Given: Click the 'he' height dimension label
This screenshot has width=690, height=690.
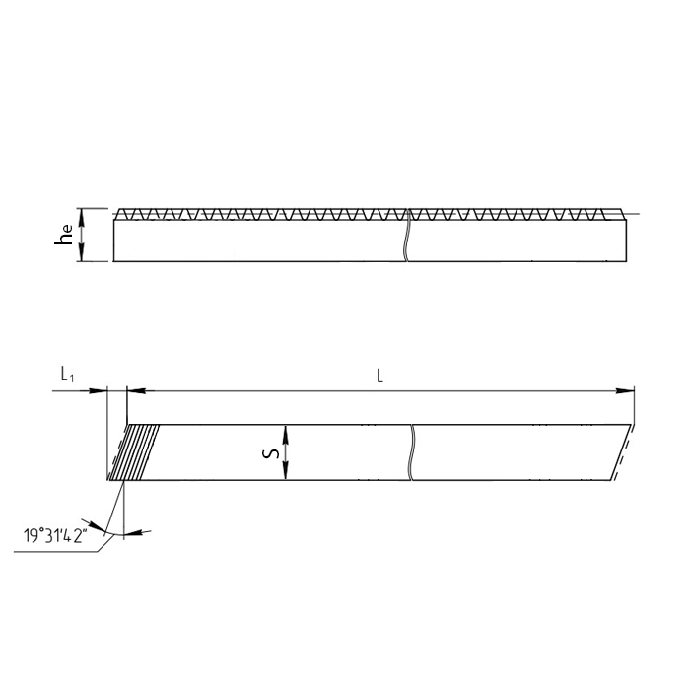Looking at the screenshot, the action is (x=64, y=235).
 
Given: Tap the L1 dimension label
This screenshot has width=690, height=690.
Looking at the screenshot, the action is (x=67, y=375).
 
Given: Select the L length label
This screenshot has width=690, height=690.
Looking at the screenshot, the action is (x=379, y=376).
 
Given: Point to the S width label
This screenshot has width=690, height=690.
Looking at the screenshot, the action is (x=271, y=452).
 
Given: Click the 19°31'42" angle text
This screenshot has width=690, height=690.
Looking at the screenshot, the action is (x=55, y=536).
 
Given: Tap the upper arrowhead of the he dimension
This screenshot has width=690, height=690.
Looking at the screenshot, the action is (x=81, y=217).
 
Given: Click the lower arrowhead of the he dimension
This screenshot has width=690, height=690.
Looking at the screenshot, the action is (x=81, y=253).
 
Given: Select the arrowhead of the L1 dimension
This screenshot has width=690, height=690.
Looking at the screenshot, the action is (x=99, y=390).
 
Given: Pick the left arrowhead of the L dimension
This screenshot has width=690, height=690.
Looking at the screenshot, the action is (x=136, y=390).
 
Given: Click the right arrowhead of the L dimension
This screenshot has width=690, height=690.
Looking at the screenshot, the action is (x=625, y=390).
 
